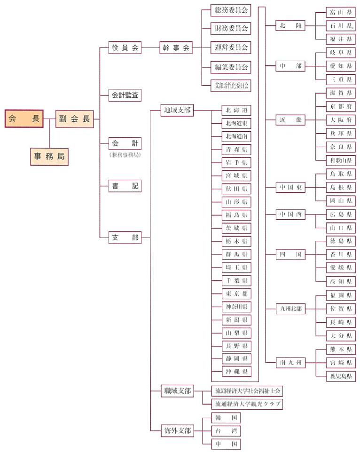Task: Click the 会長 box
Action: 24,119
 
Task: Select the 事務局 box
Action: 49,156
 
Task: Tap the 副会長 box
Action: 74,119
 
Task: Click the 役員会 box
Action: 125,48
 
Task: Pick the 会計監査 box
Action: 125,95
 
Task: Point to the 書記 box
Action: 125,185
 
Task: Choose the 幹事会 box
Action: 176,48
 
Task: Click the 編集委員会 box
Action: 231,66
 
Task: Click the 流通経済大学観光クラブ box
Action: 248,404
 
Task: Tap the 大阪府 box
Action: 340,119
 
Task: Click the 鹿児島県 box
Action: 340,375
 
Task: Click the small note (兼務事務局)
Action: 125,155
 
